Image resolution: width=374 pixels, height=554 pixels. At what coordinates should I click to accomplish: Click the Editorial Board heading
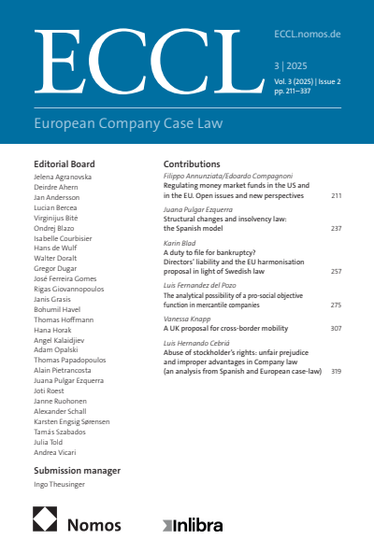(64, 163)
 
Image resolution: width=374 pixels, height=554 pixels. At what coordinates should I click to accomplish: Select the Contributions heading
(192, 163)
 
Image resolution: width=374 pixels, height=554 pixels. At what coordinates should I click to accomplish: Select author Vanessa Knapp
(187, 318)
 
